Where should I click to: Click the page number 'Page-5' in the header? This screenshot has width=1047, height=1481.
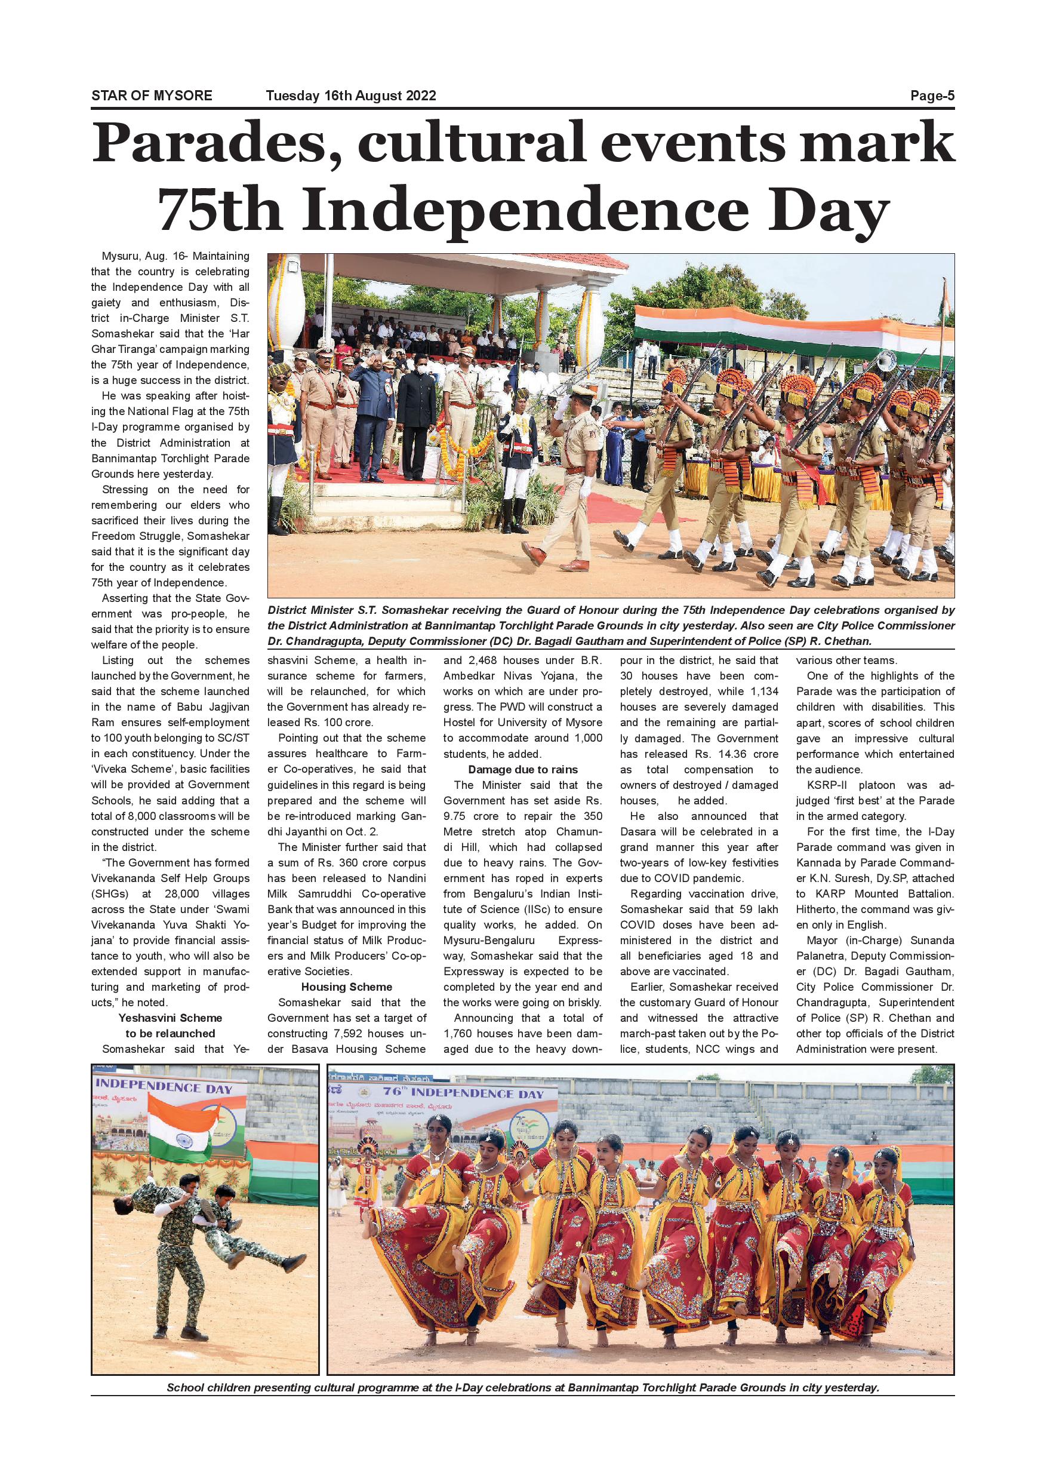coord(932,96)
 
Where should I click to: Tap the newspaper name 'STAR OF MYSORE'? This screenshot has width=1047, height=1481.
coord(152,96)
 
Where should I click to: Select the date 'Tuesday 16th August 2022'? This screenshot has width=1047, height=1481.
coord(351,96)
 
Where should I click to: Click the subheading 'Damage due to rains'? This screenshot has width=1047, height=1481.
coord(523,770)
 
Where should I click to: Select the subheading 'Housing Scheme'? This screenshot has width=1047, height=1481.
coord(347,987)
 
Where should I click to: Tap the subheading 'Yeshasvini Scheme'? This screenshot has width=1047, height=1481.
coord(170,1018)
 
